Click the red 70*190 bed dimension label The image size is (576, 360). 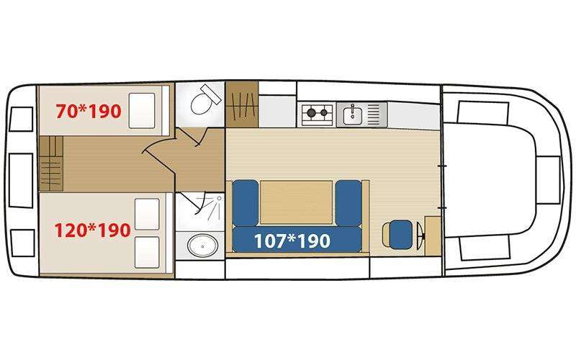(88, 111)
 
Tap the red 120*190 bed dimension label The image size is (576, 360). (93, 230)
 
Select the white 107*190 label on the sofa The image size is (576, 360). (292, 241)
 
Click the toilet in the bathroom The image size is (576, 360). (205, 99)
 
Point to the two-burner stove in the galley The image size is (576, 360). (318, 112)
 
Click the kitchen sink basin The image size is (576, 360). (353, 114)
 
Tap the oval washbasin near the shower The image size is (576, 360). (202, 245)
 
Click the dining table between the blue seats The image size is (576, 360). (297, 202)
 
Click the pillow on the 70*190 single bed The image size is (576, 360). (142, 111)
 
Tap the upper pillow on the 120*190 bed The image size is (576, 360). (148, 214)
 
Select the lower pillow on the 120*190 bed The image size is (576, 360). (148, 252)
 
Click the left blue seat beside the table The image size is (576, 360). (246, 203)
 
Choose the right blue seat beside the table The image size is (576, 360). (348, 203)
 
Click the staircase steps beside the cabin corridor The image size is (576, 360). (51, 163)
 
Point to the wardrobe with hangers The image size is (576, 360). (242, 104)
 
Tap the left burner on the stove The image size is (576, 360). (311, 112)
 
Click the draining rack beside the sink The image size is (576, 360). (374, 114)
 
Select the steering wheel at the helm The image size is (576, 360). (421, 235)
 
